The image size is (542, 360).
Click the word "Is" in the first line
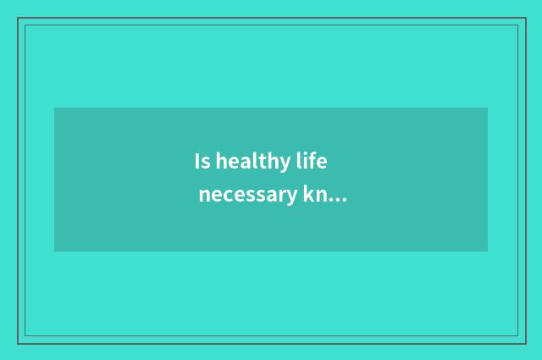click(202, 161)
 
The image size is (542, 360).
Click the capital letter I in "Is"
click(197, 161)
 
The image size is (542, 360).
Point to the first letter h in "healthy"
click(221, 161)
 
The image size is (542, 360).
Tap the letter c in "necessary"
click(233, 198)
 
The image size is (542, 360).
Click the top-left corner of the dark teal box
click(54, 108)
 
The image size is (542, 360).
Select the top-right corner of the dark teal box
click(488, 108)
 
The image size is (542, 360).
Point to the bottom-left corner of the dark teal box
click(54, 252)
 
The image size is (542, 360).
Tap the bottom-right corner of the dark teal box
click(488, 252)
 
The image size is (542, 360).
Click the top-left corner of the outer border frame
click(18, 18)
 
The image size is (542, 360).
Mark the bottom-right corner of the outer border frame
click(525, 343)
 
